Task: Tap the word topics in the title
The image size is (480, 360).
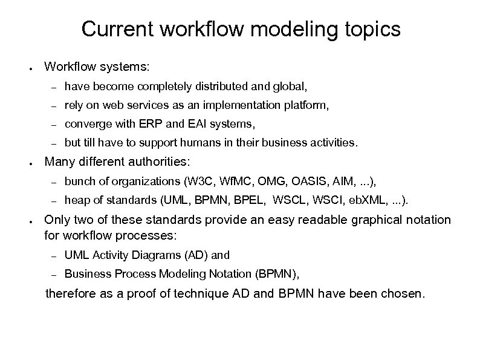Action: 371,29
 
